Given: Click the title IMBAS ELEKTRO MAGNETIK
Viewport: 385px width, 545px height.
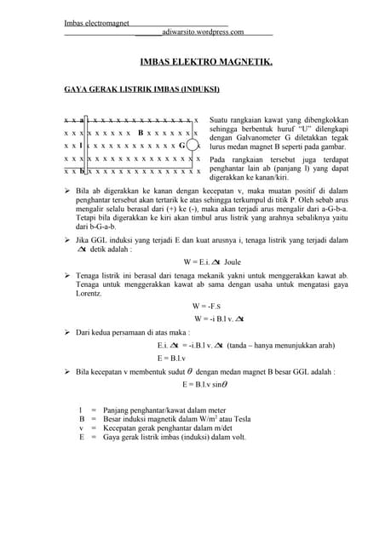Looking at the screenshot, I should (205, 62).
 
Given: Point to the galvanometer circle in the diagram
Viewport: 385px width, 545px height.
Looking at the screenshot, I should (192, 146).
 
